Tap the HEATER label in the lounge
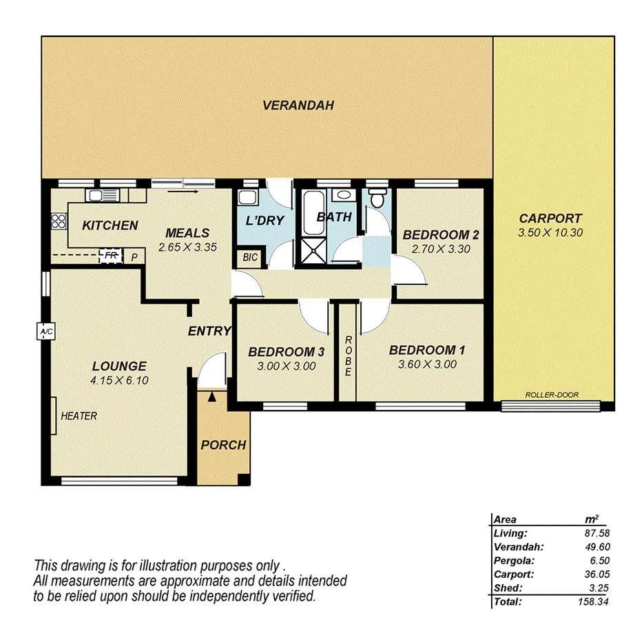[x=79, y=416]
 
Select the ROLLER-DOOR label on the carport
[x=551, y=395]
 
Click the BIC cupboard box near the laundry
[x=248, y=258]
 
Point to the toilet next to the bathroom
[x=376, y=198]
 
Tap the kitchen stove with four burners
[x=58, y=222]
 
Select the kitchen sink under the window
[x=103, y=196]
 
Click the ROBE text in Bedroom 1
[x=349, y=355]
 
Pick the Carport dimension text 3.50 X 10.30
[x=550, y=233]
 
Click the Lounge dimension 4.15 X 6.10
[x=120, y=380]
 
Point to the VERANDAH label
[x=298, y=105]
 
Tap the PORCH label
[x=223, y=445]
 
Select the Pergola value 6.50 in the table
[x=599, y=560]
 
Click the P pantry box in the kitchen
[x=134, y=256]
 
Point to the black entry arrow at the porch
[x=211, y=395]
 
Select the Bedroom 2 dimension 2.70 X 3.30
[x=441, y=249]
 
